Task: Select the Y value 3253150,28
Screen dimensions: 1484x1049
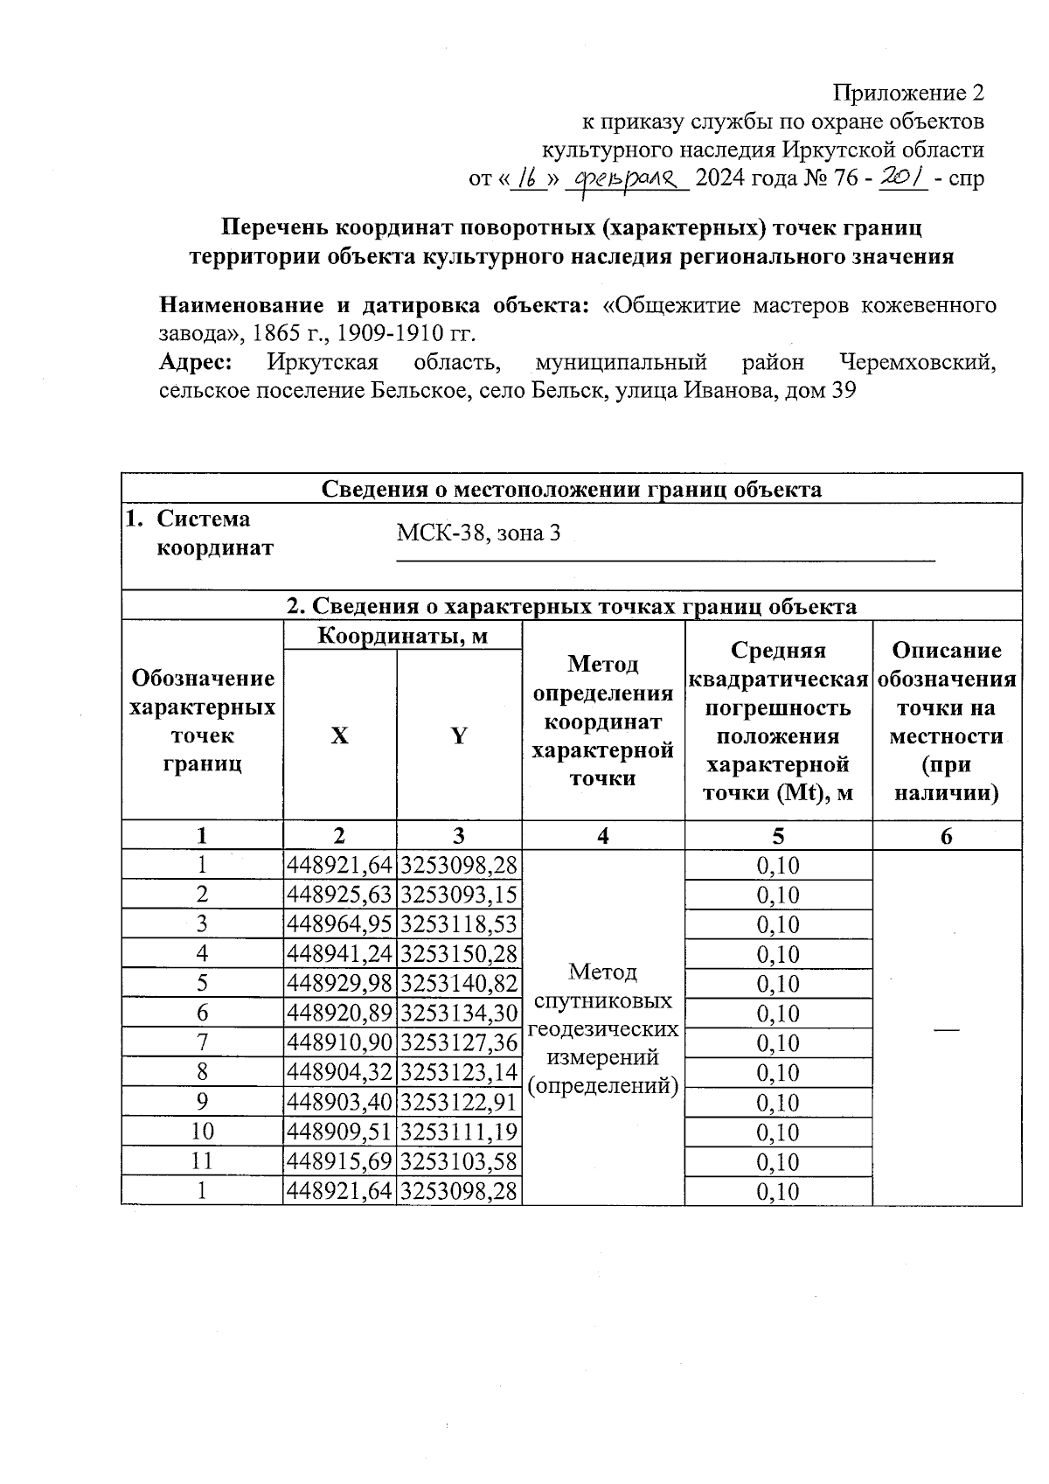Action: (459, 954)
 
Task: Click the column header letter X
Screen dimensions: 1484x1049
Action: (339, 735)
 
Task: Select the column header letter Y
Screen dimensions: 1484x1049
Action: (459, 735)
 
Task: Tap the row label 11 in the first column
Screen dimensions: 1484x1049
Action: (202, 1161)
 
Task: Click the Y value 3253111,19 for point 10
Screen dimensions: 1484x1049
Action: (459, 1132)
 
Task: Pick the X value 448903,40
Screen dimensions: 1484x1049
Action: (339, 1102)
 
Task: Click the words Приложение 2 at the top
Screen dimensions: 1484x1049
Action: (908, 93)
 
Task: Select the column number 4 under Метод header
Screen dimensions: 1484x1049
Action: (603, 836)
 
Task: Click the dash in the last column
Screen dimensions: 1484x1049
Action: (946, 1030)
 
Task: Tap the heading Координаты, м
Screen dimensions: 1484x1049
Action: (402, 636)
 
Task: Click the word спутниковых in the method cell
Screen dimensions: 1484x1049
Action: (603, 1000)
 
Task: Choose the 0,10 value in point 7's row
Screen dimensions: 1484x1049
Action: (778, 1043)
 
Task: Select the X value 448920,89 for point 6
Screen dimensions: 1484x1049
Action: (339, 1014)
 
